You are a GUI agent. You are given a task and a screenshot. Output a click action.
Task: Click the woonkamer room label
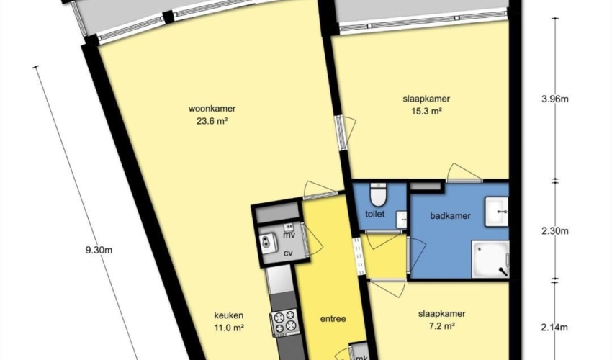click(212, 109)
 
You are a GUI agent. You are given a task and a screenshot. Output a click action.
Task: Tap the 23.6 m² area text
click(212, 121)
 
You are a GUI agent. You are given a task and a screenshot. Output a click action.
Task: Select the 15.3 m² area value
click(426, 112)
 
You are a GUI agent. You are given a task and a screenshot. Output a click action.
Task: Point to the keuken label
click(229, 315)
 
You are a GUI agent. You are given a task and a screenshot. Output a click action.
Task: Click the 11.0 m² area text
click(229, 328)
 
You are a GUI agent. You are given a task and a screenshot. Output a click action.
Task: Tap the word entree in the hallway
click(333, 319)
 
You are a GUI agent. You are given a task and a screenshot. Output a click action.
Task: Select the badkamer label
click(450, 216)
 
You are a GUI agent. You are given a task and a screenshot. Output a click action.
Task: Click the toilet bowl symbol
click(378, 194)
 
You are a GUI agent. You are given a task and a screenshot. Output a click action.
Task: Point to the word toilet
click(374, 214)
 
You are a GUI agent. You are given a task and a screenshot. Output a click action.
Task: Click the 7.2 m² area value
click(441, 326)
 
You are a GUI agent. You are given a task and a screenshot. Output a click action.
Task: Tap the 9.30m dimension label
click(99, 251)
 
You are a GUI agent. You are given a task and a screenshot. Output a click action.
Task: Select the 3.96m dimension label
click(555, 99)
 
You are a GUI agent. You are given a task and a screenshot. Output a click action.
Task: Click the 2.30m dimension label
click(555, 231)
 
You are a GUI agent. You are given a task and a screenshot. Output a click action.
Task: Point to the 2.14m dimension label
click(555, 328)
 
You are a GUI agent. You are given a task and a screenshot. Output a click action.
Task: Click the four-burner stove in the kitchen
click(284, 322)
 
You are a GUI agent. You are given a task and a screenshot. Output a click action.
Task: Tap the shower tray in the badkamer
click(490, 259)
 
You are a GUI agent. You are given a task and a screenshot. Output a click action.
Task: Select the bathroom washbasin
click(497, 212)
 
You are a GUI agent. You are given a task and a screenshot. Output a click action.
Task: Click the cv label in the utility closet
click(288, 253)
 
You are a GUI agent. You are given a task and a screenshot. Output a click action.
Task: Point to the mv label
click(289, 235)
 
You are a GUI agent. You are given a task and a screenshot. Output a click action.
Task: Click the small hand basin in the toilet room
click(401, 220)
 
